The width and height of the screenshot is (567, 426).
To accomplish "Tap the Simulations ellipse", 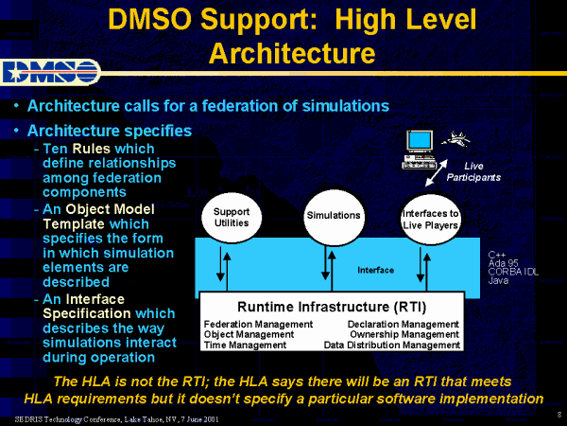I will click(333, 215).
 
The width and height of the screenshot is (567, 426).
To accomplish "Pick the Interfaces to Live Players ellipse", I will click(430, 218).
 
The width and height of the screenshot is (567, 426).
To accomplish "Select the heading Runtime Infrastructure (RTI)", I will click(332, 307).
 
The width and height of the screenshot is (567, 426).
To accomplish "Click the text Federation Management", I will click(258, 324).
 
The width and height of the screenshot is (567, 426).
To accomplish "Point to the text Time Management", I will click(246, 346).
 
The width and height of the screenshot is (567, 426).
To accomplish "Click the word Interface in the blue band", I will click(375, 271).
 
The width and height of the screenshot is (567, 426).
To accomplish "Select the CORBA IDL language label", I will click(511, 273).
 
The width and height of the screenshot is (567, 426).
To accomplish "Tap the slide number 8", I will click(559, 415).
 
